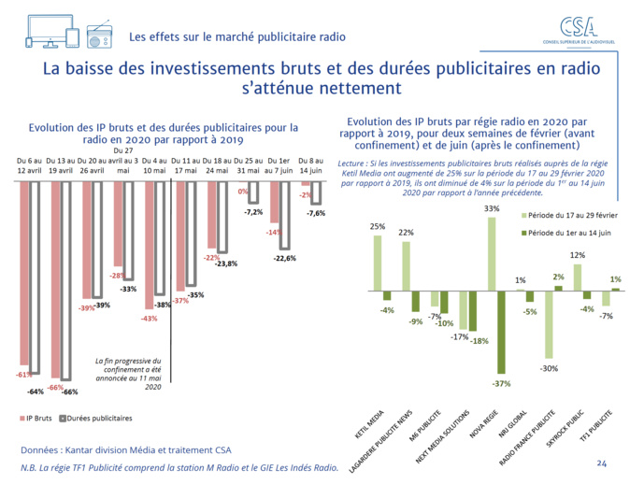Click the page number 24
[x=601, y=463]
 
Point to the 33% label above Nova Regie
[x=492, y=208]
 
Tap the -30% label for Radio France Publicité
[x=549, y=367]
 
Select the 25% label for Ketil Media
[x=378, y=226]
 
